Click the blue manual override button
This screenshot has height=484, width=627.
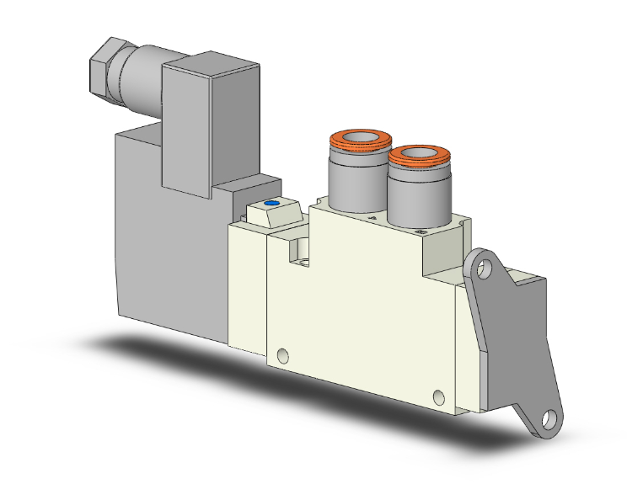point(271,204)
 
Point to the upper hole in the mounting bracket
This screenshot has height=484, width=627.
point(482,269)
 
